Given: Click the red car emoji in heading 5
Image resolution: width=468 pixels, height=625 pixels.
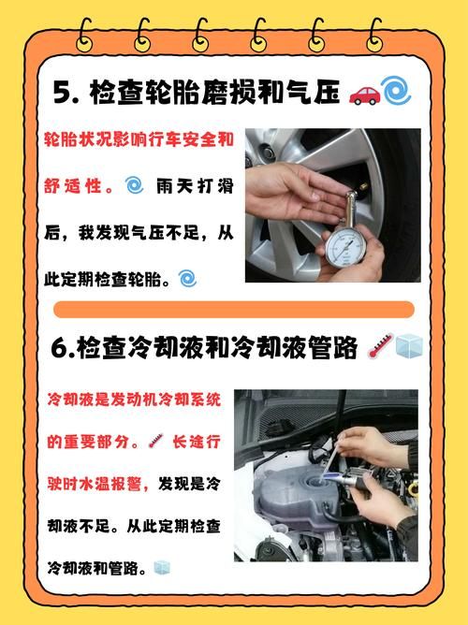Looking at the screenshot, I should pos(364,94).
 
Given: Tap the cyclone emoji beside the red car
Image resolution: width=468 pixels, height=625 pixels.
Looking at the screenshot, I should pos(396,92).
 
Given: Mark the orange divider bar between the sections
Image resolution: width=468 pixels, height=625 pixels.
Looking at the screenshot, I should pos(234,310).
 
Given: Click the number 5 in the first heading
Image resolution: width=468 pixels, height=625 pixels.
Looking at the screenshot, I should pos(62,94).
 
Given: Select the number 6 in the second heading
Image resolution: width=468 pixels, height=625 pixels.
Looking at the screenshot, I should pos(62,348).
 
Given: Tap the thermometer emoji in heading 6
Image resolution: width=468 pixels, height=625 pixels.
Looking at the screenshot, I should pos(378,348).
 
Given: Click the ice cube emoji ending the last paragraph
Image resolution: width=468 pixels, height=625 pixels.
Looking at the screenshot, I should pos(161,568).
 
